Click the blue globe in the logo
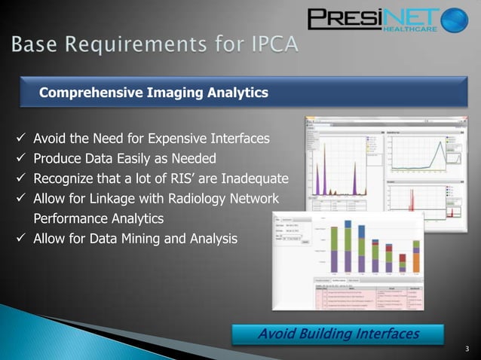tap(455, 20)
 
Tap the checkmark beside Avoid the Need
tap(21, 139)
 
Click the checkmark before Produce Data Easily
tap(21, 159)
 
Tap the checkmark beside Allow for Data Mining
tap(21, 239)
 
